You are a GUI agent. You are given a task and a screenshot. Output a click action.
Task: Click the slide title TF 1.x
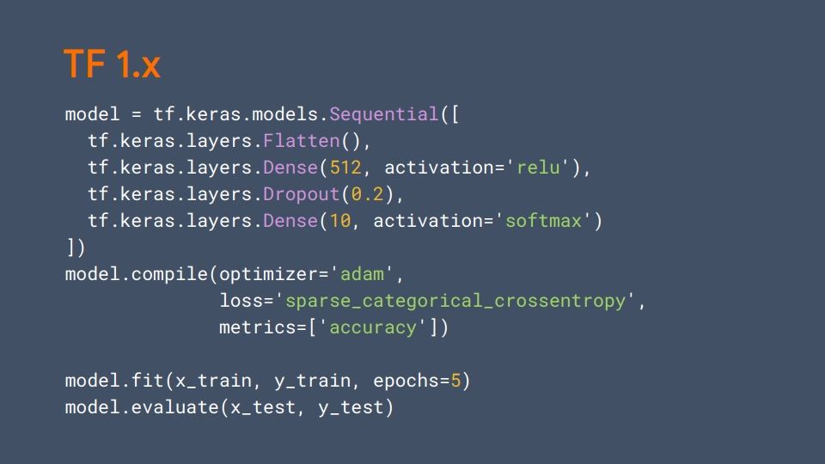(112, 65)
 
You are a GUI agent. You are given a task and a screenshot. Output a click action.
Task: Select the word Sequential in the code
(384, 115)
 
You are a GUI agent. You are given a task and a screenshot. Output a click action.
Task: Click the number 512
(345, 168)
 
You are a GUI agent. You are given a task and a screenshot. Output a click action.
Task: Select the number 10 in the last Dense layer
(340, 221)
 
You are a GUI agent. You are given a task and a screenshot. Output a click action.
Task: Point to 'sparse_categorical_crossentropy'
(455, 302)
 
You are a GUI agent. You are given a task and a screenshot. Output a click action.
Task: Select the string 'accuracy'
(373, 327)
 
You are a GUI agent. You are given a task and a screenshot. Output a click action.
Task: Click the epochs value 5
(455, 381)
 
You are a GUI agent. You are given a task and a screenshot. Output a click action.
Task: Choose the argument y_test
(351, 407)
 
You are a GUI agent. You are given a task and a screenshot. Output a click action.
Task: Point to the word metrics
(257, 327)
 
